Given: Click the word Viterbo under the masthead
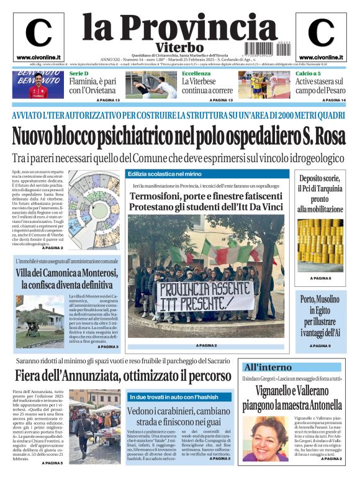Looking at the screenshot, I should click(179, 47).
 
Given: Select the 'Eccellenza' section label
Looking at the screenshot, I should click(196, 74).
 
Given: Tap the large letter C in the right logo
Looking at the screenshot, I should click(320, 33).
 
